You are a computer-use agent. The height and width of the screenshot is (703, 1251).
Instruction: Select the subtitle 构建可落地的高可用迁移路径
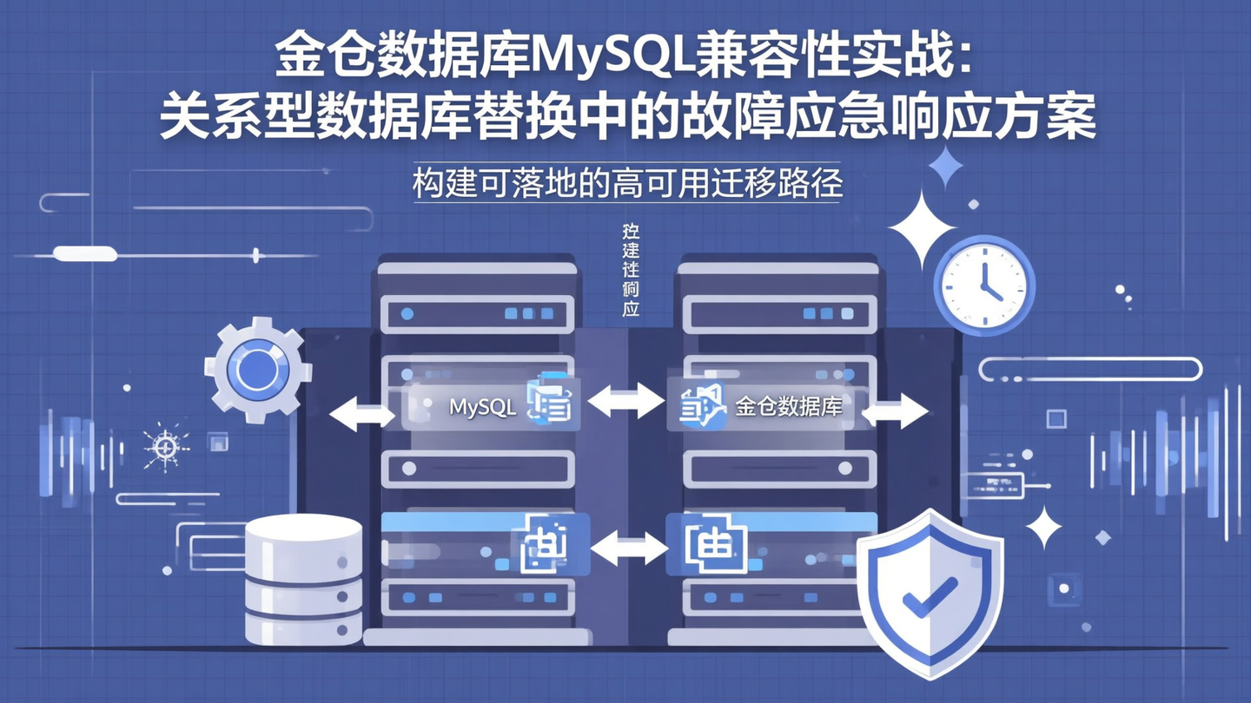627,185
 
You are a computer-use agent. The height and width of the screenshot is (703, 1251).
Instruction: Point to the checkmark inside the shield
930,596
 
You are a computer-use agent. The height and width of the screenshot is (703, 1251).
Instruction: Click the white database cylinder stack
303,578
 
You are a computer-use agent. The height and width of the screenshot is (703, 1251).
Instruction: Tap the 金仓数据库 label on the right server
789,406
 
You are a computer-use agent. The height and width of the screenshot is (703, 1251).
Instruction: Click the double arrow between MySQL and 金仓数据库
625,402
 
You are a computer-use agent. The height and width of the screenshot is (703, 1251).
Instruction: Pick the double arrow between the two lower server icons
628,549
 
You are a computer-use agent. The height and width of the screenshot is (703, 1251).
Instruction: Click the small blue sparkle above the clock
945,167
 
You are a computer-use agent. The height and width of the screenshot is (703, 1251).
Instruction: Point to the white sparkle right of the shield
1043,527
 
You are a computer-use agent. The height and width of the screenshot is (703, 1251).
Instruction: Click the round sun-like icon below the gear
165,447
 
